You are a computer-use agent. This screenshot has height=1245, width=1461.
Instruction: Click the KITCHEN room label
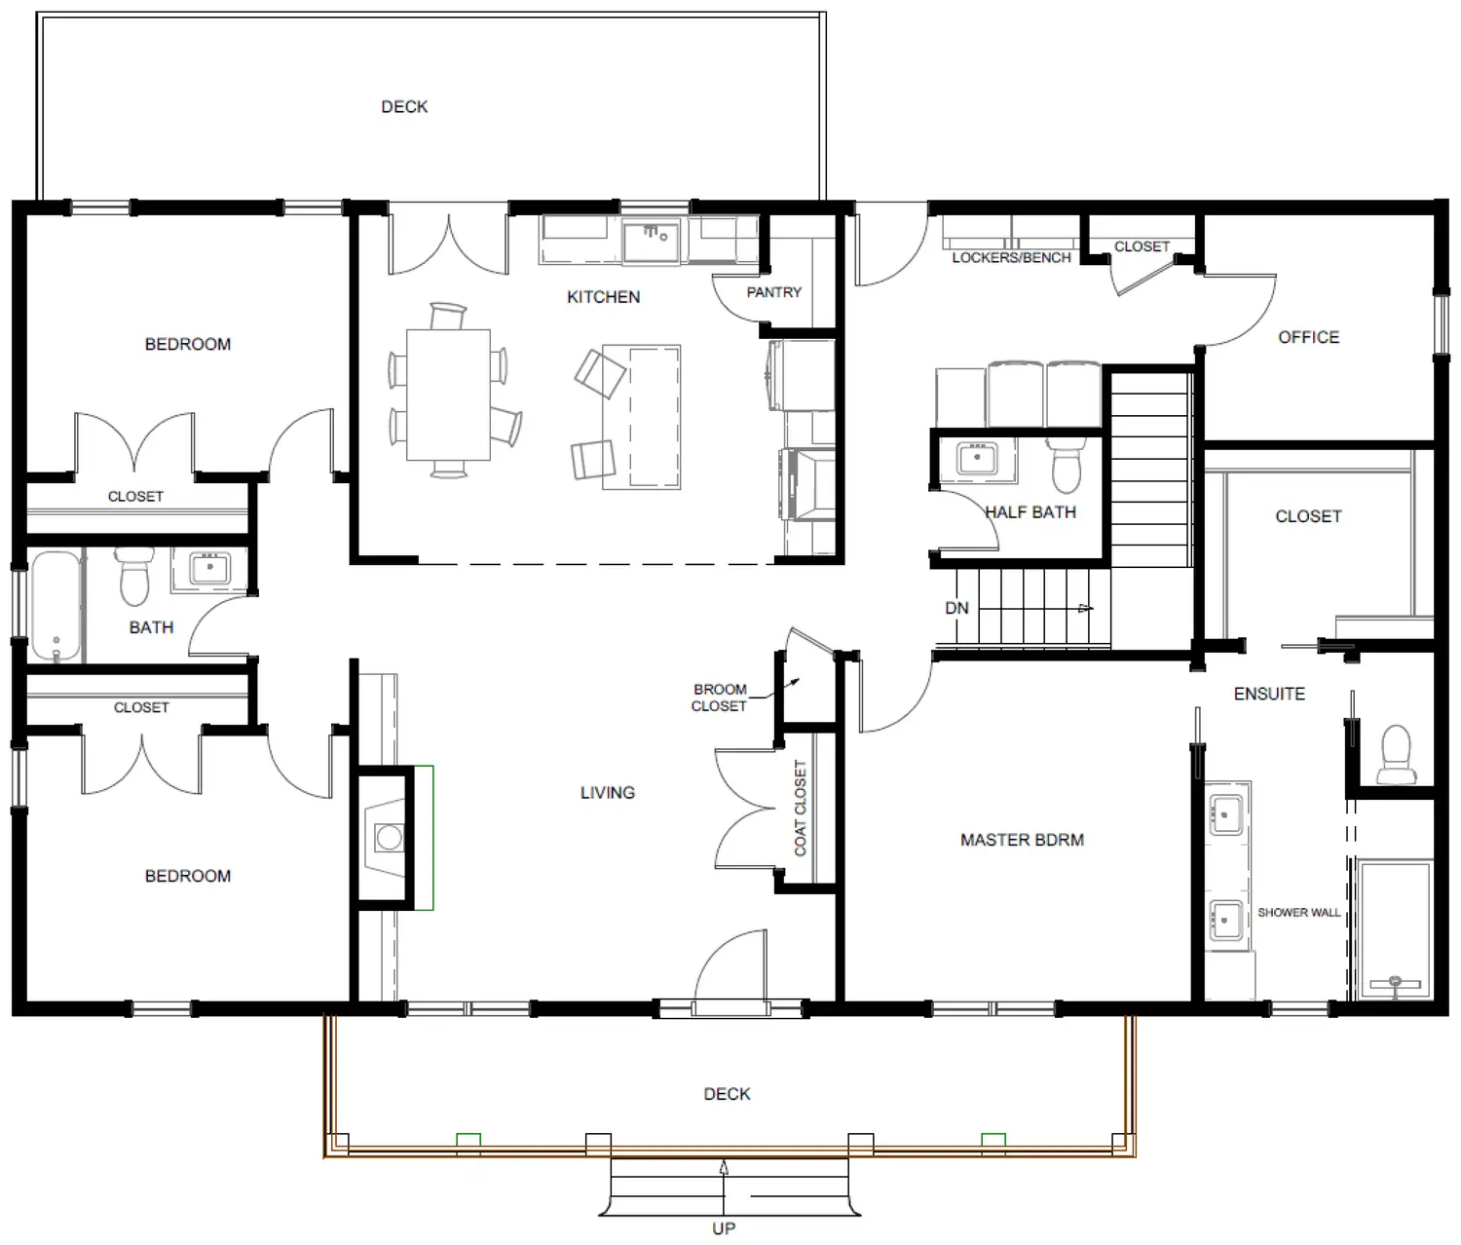point(604,297)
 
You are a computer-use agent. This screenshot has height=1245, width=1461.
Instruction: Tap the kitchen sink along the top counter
point(651,240)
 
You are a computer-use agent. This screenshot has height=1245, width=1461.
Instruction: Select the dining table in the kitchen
point(448,395)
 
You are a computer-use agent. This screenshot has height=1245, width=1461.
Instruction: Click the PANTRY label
point(774,292)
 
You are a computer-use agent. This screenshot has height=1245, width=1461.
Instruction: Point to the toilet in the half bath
point(1067,464)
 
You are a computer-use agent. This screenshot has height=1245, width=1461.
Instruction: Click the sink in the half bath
point(978,458)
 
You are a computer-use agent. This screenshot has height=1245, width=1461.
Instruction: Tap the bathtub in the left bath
point(56,606)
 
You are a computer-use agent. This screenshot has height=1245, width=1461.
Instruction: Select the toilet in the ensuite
point(1396,754)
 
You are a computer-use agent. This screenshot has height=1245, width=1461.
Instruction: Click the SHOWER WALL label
point(1299,913)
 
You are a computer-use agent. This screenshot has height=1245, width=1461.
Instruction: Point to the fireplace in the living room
point(386,838)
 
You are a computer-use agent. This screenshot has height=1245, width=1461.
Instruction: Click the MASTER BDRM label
point(1022,840)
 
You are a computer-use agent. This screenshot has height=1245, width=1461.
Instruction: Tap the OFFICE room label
point(1309,337)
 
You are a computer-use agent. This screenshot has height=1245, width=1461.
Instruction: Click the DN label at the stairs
point(957,608)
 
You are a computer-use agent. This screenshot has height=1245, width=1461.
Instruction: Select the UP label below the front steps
point(724,1228)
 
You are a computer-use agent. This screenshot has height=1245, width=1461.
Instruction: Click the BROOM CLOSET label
point(719,698)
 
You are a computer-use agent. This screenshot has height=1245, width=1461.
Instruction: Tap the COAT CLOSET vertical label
point(800,808)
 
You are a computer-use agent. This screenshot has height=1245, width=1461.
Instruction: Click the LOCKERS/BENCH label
point(1011,257)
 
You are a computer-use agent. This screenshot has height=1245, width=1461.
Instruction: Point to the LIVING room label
point(608,793)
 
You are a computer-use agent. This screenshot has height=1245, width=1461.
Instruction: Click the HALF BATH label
point(1030,511)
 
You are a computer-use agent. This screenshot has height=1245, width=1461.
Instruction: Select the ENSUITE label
point(1269,694)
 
